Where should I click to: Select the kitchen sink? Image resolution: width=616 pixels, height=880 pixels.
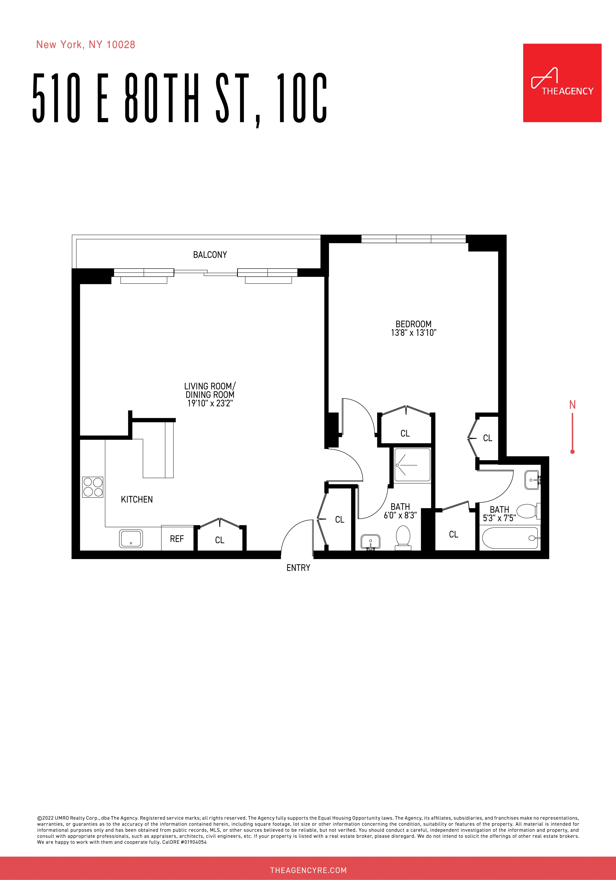pyautogui.click(x=131, y=538)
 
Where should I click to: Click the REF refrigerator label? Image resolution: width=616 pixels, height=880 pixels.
pyautogui.click(x=177, y=539)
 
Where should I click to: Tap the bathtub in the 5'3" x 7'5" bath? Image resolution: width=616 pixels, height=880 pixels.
pyautogui.click(x=510, y=538)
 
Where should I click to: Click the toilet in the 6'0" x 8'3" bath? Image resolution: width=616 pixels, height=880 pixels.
pyautogui.click(x=403, y=536)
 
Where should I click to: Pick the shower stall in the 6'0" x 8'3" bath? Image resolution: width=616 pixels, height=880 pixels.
pyautogui.click(x=412, y=465)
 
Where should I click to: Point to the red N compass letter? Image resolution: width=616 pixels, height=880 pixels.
pyautogui.click(x=572, y=405)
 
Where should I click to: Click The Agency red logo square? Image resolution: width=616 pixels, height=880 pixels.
pyautogui.click(x=562, y=83)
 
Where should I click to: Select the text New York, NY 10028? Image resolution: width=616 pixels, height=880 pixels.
pyautogui.click(x=85, y=45)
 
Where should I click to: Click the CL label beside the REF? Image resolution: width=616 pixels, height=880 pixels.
pyautogui.click(x=220, y=540)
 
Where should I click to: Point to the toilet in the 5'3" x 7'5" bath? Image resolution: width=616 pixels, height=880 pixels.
pyautogui.click(x=528, y=511)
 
